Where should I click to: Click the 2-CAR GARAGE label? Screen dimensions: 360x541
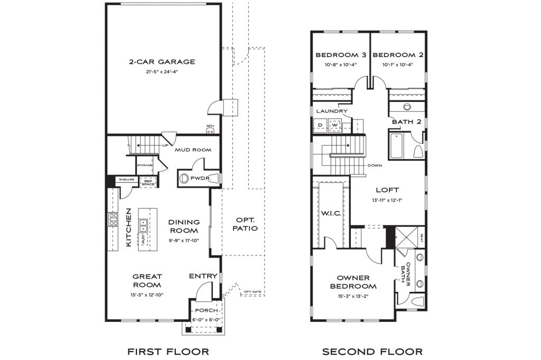click(162, 62)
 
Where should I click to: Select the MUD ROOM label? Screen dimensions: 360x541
click(194, 150)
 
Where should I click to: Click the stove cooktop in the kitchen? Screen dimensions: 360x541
click(113, 219)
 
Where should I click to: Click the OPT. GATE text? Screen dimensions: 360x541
click(252, 292)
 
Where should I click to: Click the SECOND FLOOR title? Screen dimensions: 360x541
click(372, 351)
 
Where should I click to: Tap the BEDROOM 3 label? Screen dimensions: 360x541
click(340, 55)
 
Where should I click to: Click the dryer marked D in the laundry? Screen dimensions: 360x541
click(320, 125)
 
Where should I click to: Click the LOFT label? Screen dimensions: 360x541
click(387, 190)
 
